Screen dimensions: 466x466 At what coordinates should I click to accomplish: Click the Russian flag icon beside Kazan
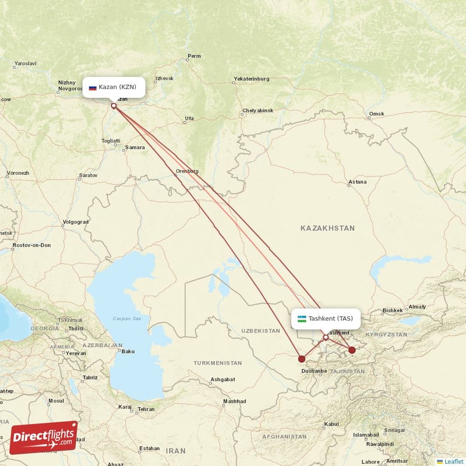tap(93, 87)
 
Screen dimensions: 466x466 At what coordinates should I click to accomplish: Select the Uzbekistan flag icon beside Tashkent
tap(302, 319)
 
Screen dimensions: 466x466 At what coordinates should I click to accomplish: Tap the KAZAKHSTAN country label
tap(327, 228)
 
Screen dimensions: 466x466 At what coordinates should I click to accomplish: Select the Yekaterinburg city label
tap(251, 79)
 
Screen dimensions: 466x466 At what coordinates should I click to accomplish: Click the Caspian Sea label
tap(127, 319)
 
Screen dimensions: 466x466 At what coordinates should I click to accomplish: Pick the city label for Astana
tap(357, 182)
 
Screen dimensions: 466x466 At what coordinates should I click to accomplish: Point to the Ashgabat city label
tap(223, 379)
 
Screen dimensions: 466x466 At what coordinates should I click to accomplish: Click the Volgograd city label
tap(76, 222)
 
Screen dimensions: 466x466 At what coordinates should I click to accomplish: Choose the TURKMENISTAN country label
tap(218, 363)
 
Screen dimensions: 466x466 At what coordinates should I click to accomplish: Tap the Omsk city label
tap(376, 114)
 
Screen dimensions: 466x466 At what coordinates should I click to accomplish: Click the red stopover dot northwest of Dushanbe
tap(301, 359)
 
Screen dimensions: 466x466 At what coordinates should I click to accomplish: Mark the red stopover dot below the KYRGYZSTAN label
tap(352, 350)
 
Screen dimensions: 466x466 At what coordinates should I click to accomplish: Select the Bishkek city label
tap(392, 310)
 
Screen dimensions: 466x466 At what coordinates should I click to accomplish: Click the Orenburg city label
tap(187, 171)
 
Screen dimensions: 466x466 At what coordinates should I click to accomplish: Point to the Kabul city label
tap(331, 424)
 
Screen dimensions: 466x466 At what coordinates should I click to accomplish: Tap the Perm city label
tap(194, 57)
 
